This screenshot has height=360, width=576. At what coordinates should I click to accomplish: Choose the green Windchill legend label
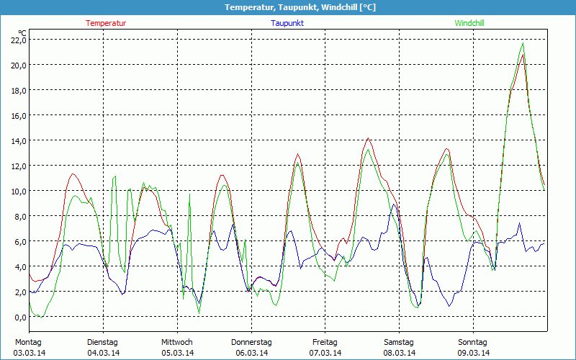coord(469,23)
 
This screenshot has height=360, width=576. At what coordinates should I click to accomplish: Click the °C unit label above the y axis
coord(22,32)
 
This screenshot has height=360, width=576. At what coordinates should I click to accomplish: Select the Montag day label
coord(28,342)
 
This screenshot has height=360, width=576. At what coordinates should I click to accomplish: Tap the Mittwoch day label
coord(177,342)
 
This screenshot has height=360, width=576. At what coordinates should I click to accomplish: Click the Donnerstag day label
coord(251,342)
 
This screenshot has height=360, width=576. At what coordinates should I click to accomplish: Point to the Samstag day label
coord(398,342)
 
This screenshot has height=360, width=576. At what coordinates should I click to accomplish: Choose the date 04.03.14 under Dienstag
coord(103,353)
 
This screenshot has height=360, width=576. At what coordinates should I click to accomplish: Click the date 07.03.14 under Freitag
coord(325,353)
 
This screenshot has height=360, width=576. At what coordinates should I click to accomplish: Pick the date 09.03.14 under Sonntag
coord(474,353)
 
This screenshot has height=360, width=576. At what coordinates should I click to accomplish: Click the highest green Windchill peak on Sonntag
coord(523,43)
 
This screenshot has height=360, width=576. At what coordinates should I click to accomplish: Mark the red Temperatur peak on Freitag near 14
coord(368,138)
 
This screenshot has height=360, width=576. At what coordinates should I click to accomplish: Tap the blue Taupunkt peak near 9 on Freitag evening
coord(393,204)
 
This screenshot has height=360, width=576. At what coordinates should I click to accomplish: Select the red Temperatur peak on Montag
coord(73,174)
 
